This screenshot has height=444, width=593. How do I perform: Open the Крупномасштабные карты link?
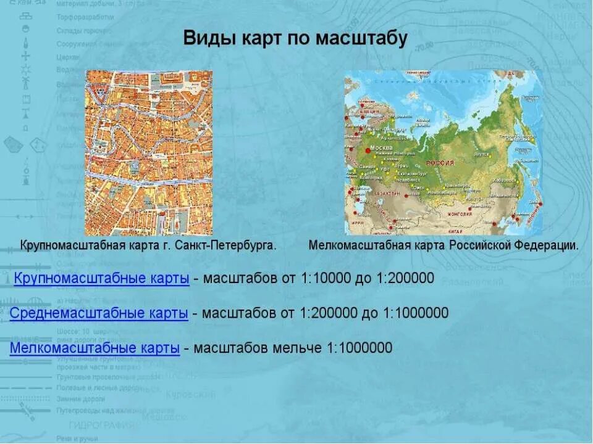[101, 278]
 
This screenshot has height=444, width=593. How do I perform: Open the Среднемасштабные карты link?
[99, 313]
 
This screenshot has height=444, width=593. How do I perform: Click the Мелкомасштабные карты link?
[95, 348]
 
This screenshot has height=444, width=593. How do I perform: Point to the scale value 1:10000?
[326, 278]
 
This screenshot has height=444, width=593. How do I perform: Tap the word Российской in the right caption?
[480, 245]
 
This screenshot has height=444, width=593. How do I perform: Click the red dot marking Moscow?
[369, 149]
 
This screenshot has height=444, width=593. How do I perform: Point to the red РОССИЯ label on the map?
[440, 163]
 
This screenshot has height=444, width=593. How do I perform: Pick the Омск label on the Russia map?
[419, 187]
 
